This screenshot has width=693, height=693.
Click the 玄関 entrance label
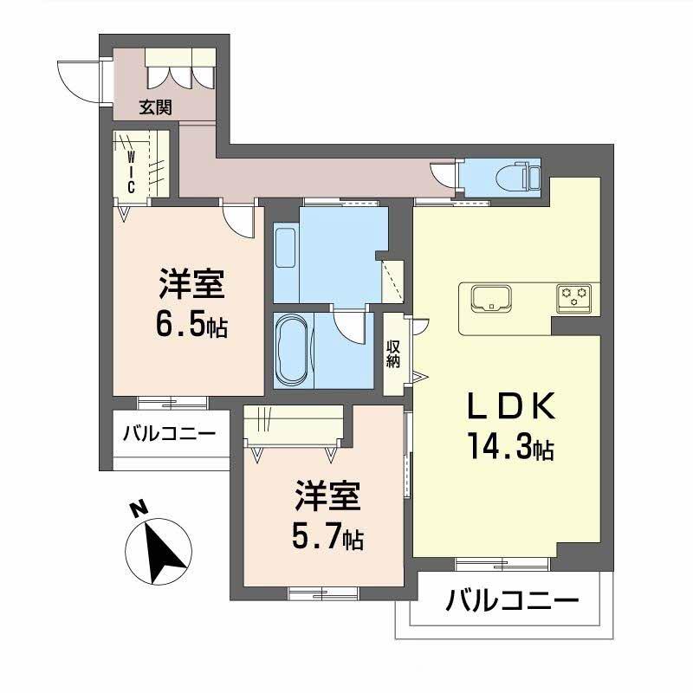pyautogui.click(x=156, y=107)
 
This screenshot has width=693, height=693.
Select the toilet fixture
pyautogui.click(x=525, y=176)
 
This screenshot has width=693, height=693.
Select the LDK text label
pyautogui.click(x=507, y=408)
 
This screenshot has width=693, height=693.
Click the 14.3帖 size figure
pyautogui.click(x=511, y=449)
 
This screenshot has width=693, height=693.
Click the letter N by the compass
pyautogui.click(x=137, y=508)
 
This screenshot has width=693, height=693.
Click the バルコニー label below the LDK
pyautogui.click(x=511, y=600)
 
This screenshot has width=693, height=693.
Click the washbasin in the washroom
pyautogui.click(x=285, y=245)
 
